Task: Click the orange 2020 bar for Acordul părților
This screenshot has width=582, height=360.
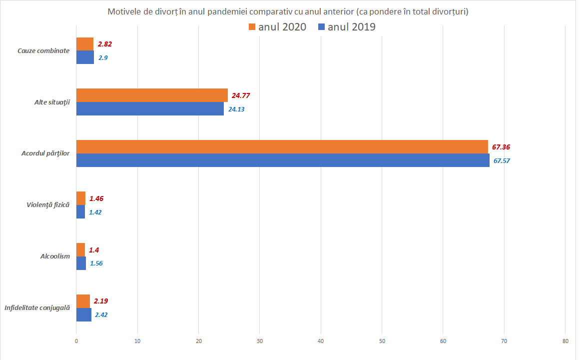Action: tap(282, 146)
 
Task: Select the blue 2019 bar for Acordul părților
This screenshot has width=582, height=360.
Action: tap(283, 160)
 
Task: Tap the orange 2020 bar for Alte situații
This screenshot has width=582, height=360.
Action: tap(152, 95)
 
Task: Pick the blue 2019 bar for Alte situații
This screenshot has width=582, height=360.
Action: tap(150, 108)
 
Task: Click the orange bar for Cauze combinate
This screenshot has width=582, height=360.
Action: tap(85, 44)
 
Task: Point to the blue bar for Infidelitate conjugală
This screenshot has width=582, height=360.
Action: tap(84, 314)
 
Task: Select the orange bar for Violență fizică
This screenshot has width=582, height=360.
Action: tap(81, 198)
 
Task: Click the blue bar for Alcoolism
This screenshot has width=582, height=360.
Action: tap(81, 263)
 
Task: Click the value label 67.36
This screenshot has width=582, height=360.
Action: tap(501, 147)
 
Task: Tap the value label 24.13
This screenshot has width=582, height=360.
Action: tap(236, 109)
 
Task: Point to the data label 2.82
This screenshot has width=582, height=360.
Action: tap(105, 44)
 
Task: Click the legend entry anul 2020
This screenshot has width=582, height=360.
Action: tap(277, 27)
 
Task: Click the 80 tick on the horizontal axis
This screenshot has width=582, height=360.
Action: tap(565, 341)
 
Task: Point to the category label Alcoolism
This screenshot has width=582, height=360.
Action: tap(55, 256)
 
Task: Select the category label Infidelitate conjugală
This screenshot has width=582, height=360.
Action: tap(37, 308)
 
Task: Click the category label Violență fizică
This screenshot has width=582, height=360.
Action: tap(48, 205)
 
